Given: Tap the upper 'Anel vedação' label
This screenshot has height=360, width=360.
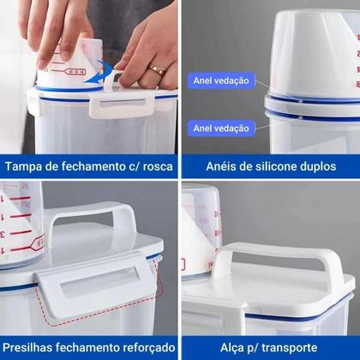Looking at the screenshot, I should (x=221, y=81).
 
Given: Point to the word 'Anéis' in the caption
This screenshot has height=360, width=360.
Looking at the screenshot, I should (x=225, y=166).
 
